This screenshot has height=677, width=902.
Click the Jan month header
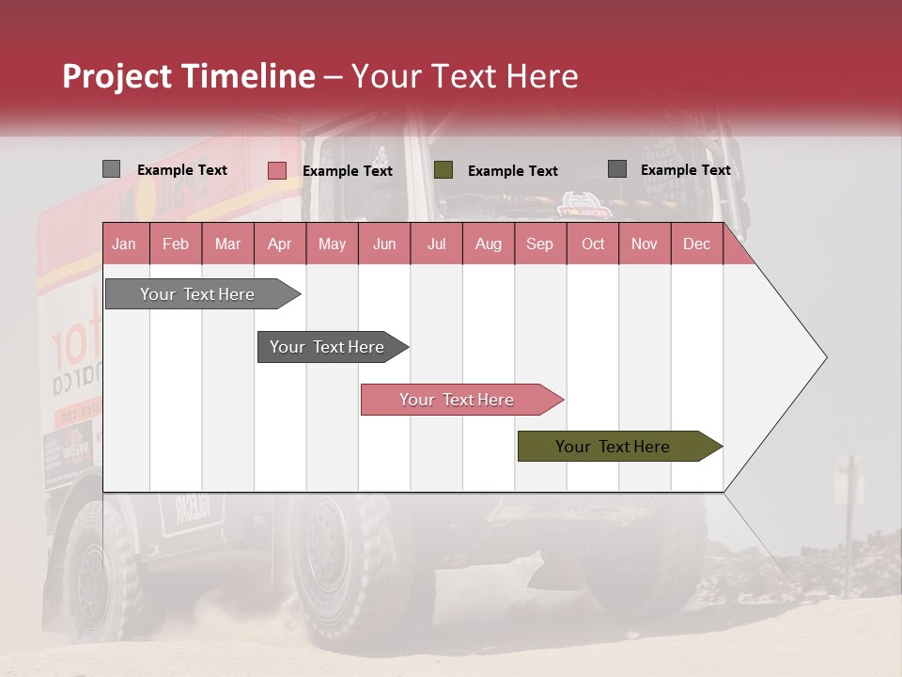click(x=125, y=244)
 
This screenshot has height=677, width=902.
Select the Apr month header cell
click(x=280, y=244)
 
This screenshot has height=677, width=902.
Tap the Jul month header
click(x=436, y=244)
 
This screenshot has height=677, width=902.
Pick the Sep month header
click(x=539, y=244)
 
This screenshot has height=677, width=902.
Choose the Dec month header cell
click(x=696, y=244)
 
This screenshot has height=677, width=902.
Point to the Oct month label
click(x=593, y=244)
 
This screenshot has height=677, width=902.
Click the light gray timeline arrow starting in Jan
click(x=198, y=294)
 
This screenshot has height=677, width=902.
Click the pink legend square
click(x=276, y=170)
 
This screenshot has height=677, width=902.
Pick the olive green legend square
click(x=443, y=170)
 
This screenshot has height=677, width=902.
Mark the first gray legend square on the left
click(x=111, y=169)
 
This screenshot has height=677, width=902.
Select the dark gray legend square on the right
click(x=617, y=169)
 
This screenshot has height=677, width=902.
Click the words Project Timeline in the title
click(x=188, y=76)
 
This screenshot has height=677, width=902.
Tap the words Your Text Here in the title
click(x=465, y=76)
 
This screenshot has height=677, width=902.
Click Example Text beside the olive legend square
click(x=512, y=171)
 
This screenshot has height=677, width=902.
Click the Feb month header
click(x=176, y=244)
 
